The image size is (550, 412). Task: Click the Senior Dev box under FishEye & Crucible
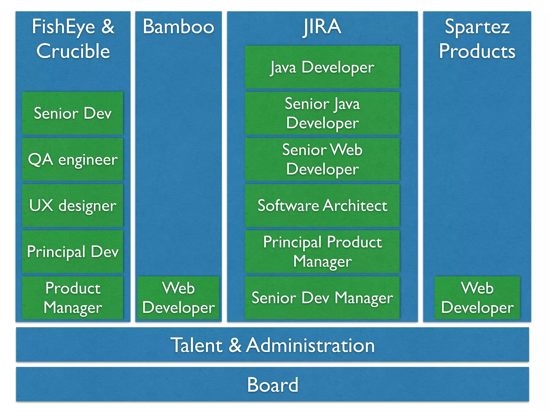pyautogui.click(x=73, y=113)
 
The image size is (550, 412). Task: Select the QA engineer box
pyautogui.click(x=73, y=160)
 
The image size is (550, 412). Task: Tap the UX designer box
pyautogui.click(x=73, y=206)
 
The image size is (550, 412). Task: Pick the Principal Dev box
pyautogui.click(x=73, y=252)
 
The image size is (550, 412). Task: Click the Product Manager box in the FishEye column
pyautogui.click(x=73, y=298)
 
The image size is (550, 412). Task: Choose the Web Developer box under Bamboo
pyautogui.click(x=178, y=298)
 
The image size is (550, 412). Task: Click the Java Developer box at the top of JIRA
pyautogui.click(x=322, y=67)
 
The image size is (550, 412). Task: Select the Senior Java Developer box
pyautogui.click(x=322, y=113)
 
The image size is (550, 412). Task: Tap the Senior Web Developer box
pyautogui.click(x=322, y=160)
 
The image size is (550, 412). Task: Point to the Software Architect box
pyautogui.click(x=322, y=206)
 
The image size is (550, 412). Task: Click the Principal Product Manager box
pyautogui.click(x=322, y=252)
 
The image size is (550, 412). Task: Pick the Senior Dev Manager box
pyautogui.click(x=322, y=298)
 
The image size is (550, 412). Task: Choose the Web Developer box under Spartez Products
pyautogui.click(x=477, y=298)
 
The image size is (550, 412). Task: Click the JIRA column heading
pyautogui.click(x=322, y=27)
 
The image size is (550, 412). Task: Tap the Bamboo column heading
pyautogui.click(x=178, y=27)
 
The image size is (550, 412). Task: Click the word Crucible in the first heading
pyautogui.click(x=73, y=51)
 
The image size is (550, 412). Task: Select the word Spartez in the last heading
pyautogui.click(x=477, y=27)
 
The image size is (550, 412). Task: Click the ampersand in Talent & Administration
pyautogui.click(x=235, y=345)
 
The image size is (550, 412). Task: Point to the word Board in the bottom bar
pyautogui.click(x=272, y=385)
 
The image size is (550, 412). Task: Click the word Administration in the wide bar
pyautogui.click(x=310, y=345)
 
